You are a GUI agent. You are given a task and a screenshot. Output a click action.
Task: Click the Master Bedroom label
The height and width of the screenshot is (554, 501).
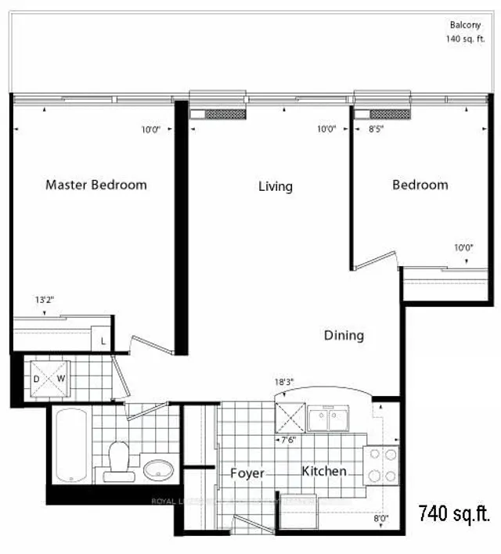point(96,185)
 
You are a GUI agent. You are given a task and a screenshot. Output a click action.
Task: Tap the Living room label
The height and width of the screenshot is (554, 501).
point(276,186)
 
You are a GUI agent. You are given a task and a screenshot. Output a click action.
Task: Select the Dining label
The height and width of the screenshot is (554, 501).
point(344,336)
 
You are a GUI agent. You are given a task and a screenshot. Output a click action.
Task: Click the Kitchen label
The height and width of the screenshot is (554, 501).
point(325,472)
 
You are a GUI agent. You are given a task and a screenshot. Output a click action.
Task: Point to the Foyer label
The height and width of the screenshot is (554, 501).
point(247,473)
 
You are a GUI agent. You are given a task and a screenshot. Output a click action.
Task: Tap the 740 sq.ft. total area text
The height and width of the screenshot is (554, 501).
point(454,514)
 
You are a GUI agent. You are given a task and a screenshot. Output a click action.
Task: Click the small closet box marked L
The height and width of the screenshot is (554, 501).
point(103,340)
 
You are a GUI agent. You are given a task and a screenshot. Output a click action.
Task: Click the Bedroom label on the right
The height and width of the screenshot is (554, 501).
point(420,185)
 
